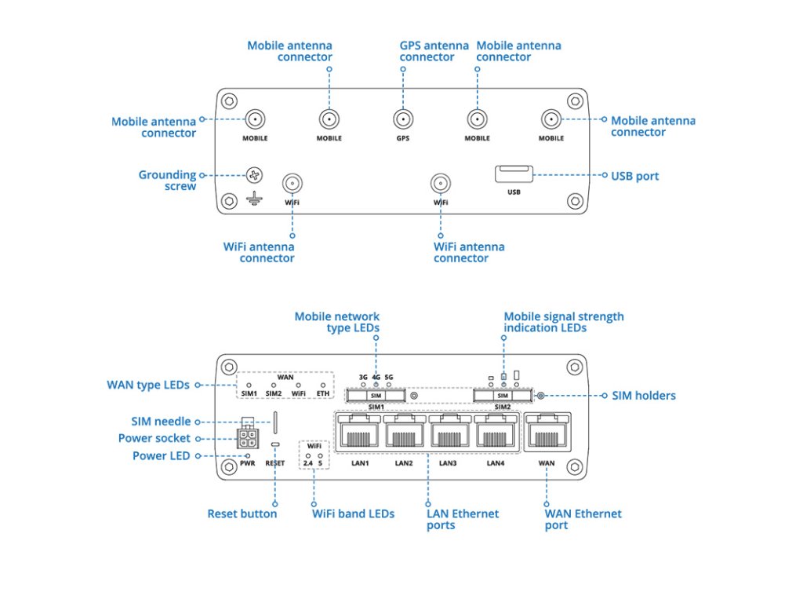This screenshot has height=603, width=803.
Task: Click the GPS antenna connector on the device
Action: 403,119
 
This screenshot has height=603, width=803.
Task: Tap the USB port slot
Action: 514,173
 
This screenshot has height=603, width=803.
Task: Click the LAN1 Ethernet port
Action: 359,432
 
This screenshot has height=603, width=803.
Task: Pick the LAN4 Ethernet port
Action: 496,432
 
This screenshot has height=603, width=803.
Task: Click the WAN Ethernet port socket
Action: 547,432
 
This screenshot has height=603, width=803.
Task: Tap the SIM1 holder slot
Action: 376,396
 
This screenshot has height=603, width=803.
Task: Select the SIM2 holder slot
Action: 503,396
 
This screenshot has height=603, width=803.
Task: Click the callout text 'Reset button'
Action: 242,513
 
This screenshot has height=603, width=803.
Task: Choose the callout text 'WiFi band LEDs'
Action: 353,513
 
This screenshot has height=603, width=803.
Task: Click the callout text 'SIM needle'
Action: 161,422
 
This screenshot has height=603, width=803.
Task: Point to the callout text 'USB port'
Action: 634,176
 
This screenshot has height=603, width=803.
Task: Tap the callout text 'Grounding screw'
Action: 167,181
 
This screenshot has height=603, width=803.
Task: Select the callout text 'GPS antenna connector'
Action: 434,51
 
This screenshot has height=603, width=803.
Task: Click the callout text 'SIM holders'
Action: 643,396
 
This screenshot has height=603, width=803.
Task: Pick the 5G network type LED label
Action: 389,377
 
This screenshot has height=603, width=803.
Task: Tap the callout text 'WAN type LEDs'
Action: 148,385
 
